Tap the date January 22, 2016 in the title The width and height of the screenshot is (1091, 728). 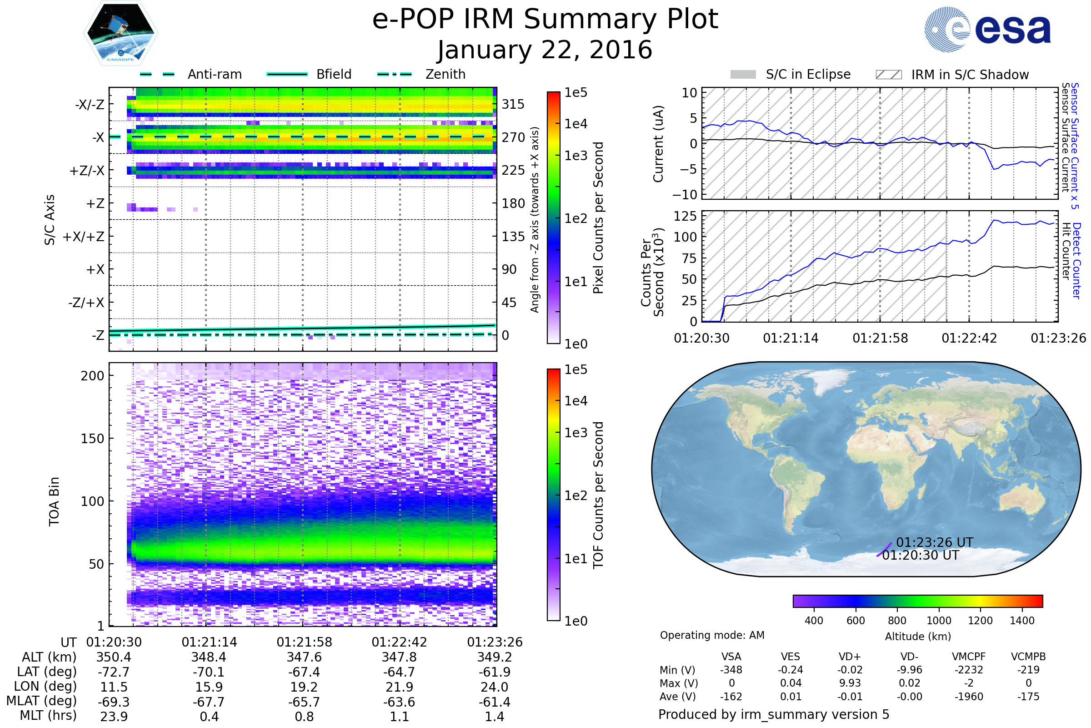point(545,50)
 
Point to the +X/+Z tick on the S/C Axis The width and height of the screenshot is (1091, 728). point(84,237)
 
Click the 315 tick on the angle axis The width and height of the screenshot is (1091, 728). point(513,104)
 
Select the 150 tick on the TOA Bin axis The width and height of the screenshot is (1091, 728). point(92,439)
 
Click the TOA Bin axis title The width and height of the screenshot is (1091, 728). point(54,501)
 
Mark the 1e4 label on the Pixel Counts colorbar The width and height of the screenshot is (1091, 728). point(576,124)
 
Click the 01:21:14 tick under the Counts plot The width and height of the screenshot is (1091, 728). point(791,338)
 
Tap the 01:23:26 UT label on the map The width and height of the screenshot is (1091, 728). point(934,542)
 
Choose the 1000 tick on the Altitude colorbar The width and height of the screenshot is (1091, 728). point(938,621)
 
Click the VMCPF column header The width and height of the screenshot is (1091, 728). point(969,657)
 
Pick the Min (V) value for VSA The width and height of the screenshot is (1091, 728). point(731,670)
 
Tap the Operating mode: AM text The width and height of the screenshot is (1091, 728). point(712,635)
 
